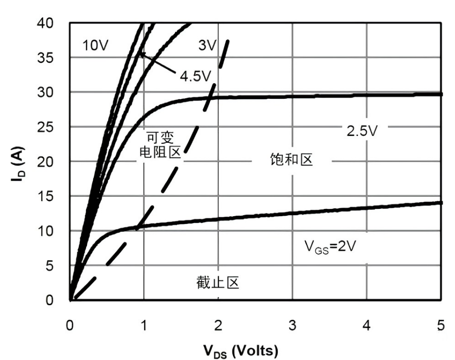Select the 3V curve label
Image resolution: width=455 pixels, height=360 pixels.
pos(207,46)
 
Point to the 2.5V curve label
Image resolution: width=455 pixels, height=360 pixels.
pos(363,131)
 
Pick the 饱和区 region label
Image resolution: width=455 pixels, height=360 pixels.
pos(291,159)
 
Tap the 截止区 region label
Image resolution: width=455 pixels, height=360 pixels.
pos(218,282)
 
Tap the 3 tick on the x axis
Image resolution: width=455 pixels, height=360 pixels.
pos(293,325)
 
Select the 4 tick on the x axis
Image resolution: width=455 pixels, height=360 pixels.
pos(366,325)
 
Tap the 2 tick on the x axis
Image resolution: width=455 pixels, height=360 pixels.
pos(218,325)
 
